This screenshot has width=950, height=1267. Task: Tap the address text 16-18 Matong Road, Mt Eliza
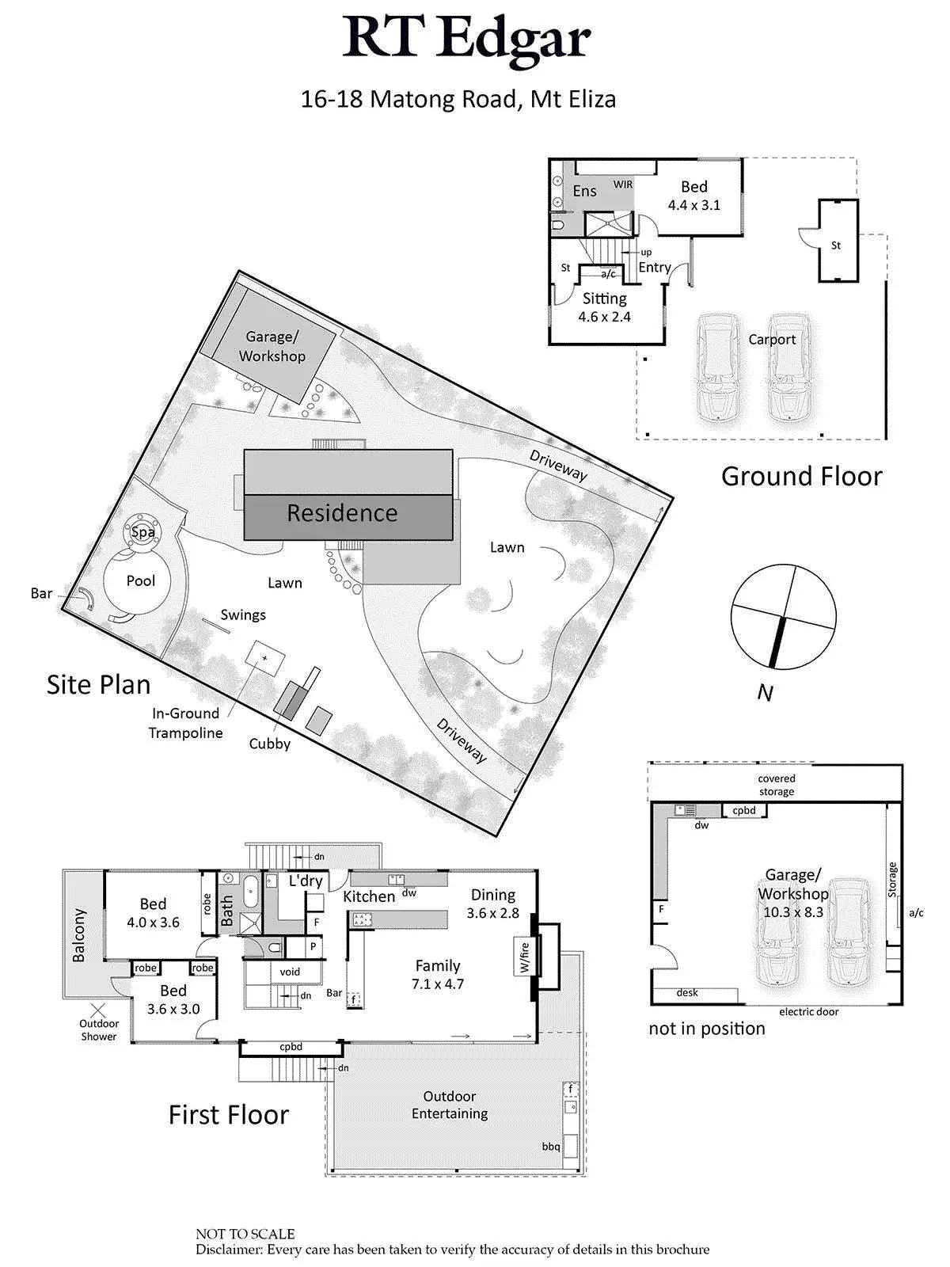458,99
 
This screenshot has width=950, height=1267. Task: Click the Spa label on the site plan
142,532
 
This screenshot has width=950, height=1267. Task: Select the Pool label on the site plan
141,580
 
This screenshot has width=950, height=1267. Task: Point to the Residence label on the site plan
342,513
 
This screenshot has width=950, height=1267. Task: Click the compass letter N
765,693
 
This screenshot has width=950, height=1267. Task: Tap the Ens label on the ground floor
584,191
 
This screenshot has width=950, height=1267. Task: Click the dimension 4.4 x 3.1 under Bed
693,205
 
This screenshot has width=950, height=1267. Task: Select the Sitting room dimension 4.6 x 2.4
604,317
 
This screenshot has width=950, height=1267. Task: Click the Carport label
772,340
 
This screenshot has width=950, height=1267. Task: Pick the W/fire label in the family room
524,957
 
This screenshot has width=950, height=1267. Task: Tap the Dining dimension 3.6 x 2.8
492,913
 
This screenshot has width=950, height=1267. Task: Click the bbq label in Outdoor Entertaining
551,1146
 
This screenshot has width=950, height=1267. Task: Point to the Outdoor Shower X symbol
98,1010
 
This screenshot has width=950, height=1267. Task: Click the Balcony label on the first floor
79,935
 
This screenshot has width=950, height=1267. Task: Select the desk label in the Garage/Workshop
687,992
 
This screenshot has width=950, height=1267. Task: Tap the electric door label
808,1011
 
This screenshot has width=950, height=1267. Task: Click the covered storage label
776,785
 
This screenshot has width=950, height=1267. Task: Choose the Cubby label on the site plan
270,744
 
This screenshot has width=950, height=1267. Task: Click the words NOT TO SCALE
245,1234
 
